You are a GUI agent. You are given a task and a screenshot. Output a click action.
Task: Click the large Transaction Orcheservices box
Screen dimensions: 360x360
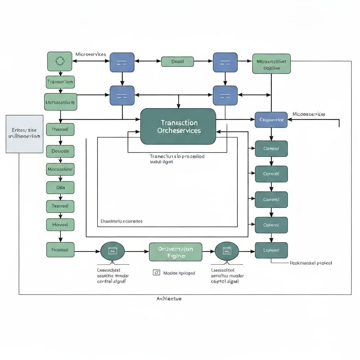coord(178,127)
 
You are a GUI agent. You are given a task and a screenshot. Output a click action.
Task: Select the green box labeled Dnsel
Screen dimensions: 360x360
coord(178,62)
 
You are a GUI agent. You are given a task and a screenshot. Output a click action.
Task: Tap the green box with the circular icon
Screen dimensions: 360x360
coord(60,61)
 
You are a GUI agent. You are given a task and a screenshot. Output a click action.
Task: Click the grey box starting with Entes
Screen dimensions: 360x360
coord(25,134)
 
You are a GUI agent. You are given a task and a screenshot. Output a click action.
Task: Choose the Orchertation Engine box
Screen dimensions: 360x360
coord(175,252)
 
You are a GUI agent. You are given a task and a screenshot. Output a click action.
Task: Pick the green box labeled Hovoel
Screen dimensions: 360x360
coord(60,224)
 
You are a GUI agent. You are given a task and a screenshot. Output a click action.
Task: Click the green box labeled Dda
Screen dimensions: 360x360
coord(60,188)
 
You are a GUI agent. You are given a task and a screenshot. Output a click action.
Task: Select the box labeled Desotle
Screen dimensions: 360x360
coord(60,151)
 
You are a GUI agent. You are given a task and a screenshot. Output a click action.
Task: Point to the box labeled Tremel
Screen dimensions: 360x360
coord(60,206)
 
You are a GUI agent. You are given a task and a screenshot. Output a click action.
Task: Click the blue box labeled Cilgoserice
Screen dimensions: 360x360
coord(271,120)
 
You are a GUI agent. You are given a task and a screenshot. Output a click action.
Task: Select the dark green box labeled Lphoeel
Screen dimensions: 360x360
coord(271,250)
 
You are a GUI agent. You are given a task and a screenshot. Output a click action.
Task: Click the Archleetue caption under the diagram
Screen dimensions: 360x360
coord(169,298)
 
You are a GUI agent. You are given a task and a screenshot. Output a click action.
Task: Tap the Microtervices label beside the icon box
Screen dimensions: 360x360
coord(91,54)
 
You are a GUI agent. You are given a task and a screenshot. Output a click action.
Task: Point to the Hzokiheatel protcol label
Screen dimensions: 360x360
coord(310,263)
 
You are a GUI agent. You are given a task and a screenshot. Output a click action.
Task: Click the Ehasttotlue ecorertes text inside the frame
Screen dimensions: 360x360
coord(121,221)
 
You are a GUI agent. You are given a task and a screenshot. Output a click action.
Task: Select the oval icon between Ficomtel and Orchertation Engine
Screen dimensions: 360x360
coord(112,251)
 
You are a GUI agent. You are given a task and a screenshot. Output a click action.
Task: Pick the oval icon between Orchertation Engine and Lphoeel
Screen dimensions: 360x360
coord(227,251)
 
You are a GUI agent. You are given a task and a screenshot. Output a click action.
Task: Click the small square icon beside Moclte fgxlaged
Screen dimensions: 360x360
coord(156,272)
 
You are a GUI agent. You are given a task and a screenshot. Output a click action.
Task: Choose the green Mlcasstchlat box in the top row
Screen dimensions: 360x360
coord(271,64)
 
